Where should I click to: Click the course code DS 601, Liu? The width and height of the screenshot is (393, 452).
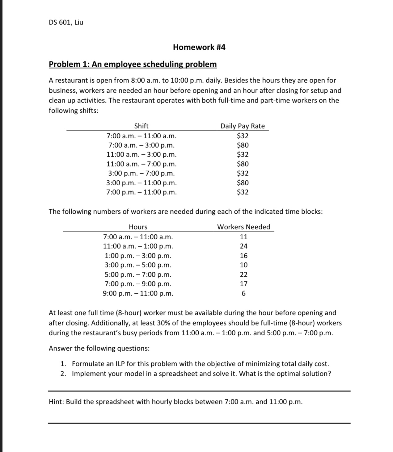pos(66,23)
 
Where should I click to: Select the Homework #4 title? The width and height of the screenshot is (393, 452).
pos(199,47)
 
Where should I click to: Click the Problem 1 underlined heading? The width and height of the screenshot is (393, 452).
pos(133,64)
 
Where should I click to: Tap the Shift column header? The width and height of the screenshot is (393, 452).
pos(141,126)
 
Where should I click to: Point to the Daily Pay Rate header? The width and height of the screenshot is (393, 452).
pos(242,126)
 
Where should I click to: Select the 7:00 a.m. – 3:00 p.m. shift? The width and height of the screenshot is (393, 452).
pos(141,145)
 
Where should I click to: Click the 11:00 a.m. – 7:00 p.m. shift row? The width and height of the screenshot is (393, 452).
pos(141,164)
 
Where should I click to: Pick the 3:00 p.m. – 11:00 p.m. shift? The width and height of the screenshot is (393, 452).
pos(141,183)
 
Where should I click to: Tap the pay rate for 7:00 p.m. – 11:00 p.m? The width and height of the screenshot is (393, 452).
pos(243,192)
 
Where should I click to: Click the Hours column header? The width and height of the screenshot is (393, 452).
pos(138,227)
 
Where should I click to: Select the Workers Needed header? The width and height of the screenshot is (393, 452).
pos(243,227)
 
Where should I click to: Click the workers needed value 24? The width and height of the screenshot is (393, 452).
pos(243,246)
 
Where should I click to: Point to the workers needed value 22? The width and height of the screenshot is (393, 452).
pos(243,274)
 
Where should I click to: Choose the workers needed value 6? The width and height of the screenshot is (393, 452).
pos(243,294)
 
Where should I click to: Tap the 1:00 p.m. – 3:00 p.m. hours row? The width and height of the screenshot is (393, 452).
pos(138,256)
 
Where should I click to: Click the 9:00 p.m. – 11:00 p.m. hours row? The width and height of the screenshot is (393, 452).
pos(138,293)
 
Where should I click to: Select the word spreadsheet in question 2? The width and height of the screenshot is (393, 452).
pos(178,374)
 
